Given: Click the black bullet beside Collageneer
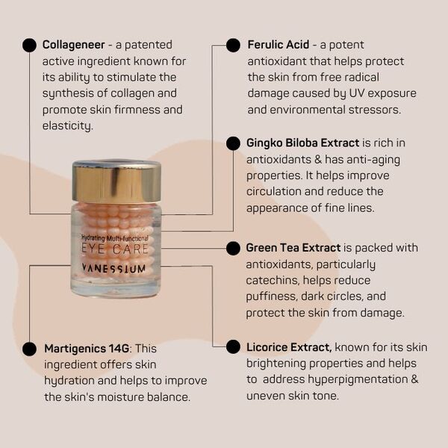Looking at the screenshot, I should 29,45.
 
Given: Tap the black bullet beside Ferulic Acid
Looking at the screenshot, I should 233,45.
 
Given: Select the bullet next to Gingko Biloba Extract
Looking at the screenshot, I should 233,143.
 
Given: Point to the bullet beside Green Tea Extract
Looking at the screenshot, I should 233,248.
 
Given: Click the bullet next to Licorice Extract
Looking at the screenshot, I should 233,346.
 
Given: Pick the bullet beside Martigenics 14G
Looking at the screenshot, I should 29,349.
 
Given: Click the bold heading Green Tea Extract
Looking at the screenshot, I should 293,248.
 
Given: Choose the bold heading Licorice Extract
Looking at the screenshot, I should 289,347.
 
